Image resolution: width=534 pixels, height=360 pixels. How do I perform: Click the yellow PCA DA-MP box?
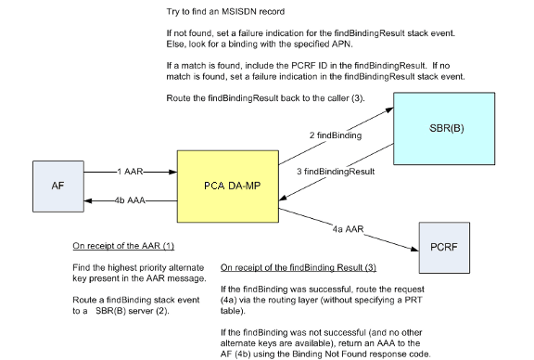[x=228, y=186]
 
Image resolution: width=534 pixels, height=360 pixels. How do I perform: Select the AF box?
[x=58, y=186]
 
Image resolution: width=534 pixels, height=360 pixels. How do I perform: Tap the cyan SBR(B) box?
[x=444, y=129]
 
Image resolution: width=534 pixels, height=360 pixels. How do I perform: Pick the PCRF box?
[x=444, y=248]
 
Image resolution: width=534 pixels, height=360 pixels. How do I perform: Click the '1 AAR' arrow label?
[x=130, y=172]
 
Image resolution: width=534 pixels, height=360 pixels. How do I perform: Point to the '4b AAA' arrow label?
[x=130, y=200]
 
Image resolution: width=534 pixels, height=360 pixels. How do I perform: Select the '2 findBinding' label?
[x=336, y=135]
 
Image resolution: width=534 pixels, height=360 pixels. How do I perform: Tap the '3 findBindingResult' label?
[x=336, y=172]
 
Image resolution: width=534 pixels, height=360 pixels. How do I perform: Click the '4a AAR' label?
[x=348, y=229]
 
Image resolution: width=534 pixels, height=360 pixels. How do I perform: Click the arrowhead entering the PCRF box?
[x=414, y=250]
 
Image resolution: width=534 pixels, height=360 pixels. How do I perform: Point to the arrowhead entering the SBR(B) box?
[x=389, y=110]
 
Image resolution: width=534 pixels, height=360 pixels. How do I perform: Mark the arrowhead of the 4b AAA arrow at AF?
[x=88, y=200]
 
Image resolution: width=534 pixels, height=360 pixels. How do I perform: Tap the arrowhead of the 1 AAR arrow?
[x=173, y=172]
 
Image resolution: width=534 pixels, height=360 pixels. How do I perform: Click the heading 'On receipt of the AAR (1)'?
[x=123, y=246]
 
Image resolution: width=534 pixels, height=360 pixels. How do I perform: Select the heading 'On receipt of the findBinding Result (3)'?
[x=299, y=267]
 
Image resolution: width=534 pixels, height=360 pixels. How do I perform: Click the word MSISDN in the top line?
[x=239, y=11]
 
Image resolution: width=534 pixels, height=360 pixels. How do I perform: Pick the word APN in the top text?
[x=341, y=44]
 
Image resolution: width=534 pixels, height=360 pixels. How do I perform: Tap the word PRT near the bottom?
[x=413, y=300]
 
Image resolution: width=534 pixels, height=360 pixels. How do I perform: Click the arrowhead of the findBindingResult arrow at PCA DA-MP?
[x=283, y=198]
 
